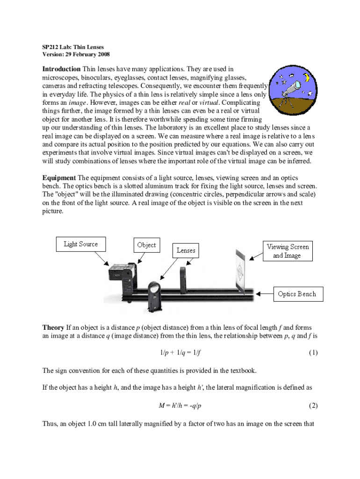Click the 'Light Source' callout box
[x=80, y=244]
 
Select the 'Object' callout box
[x=146, y=245]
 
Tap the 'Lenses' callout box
[x=186, y=250]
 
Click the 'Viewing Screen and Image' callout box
[x=287, y=251]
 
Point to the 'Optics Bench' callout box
[x=296, y=294]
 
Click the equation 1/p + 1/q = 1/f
[x=180, y=353]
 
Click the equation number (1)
[x=313, y=353]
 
